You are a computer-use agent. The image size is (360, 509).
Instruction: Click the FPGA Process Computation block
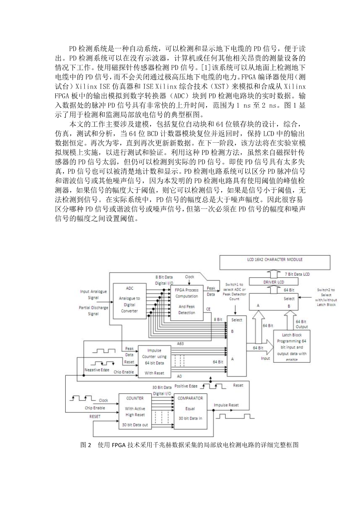tap(187, 301)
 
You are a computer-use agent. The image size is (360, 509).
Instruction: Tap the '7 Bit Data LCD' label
tap(297, 275)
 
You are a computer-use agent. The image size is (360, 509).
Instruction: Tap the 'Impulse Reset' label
tap(226, 405)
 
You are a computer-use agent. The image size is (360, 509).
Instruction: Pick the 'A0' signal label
tap(179, 376)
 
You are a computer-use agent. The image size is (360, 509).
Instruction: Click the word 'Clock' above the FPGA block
tap(189, 277)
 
